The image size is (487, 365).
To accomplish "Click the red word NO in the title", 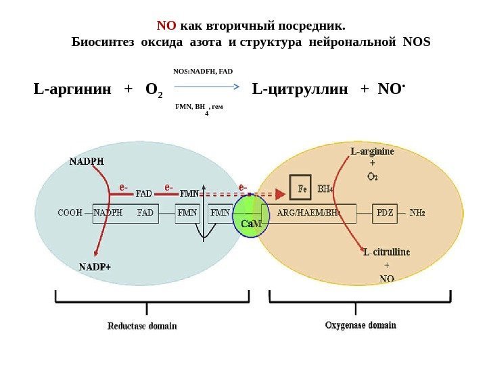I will (166, 26).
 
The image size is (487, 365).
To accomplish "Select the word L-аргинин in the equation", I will (72, 89).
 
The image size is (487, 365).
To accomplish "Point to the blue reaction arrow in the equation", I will (208, 87).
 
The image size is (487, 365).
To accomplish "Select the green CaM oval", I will (252, 217).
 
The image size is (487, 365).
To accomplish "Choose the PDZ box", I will (384, 212).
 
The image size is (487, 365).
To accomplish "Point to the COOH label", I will (70, 212).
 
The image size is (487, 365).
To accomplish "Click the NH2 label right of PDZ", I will (417, 212).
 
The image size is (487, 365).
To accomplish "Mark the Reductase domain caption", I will (142, 326).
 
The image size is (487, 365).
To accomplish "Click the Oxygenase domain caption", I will (361, 325).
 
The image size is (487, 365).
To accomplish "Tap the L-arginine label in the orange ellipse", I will (373, 151).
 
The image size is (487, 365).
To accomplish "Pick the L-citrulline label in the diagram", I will (386, 252).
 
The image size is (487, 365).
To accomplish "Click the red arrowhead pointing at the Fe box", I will (280, 194).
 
